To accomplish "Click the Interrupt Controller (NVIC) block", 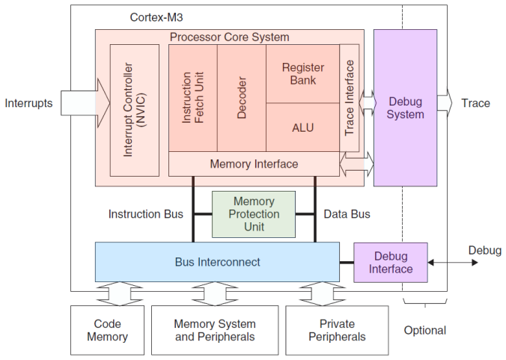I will (135, 110).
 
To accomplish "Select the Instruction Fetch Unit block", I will (192, 97).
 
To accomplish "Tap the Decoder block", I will (241, 97).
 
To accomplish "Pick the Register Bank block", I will (302, 73).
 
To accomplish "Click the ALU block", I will (302, 127).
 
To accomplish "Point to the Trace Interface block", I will (350, 97).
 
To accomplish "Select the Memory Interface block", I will (254, 164).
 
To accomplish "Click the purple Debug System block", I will (406, 108).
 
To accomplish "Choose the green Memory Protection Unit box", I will (254, 214).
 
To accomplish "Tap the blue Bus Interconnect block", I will (217, 262).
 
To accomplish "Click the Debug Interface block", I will (390, 262).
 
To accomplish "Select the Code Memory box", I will (107, 330).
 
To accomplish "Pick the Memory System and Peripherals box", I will (214, 330).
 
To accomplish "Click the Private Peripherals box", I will (337, 330).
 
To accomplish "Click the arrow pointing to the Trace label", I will (445, 103).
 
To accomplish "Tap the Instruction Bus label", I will (145, 214).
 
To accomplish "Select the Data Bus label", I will (347, 214).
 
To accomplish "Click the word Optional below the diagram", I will (424, 330).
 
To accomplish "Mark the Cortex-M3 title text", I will (156, 16).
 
